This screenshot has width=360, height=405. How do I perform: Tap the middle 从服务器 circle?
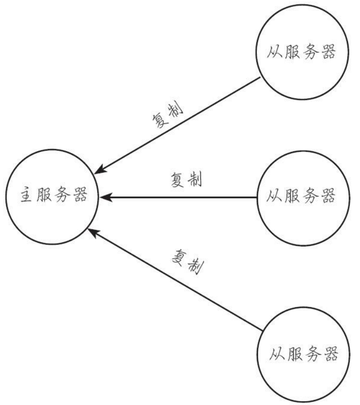click(x=300, y=197)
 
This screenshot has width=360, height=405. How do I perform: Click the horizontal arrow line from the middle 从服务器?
click(x=179, y=197)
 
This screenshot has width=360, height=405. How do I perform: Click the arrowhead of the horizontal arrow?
click(x=104, y=197)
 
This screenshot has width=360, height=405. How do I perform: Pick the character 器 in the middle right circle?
click(x=328, y=197)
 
